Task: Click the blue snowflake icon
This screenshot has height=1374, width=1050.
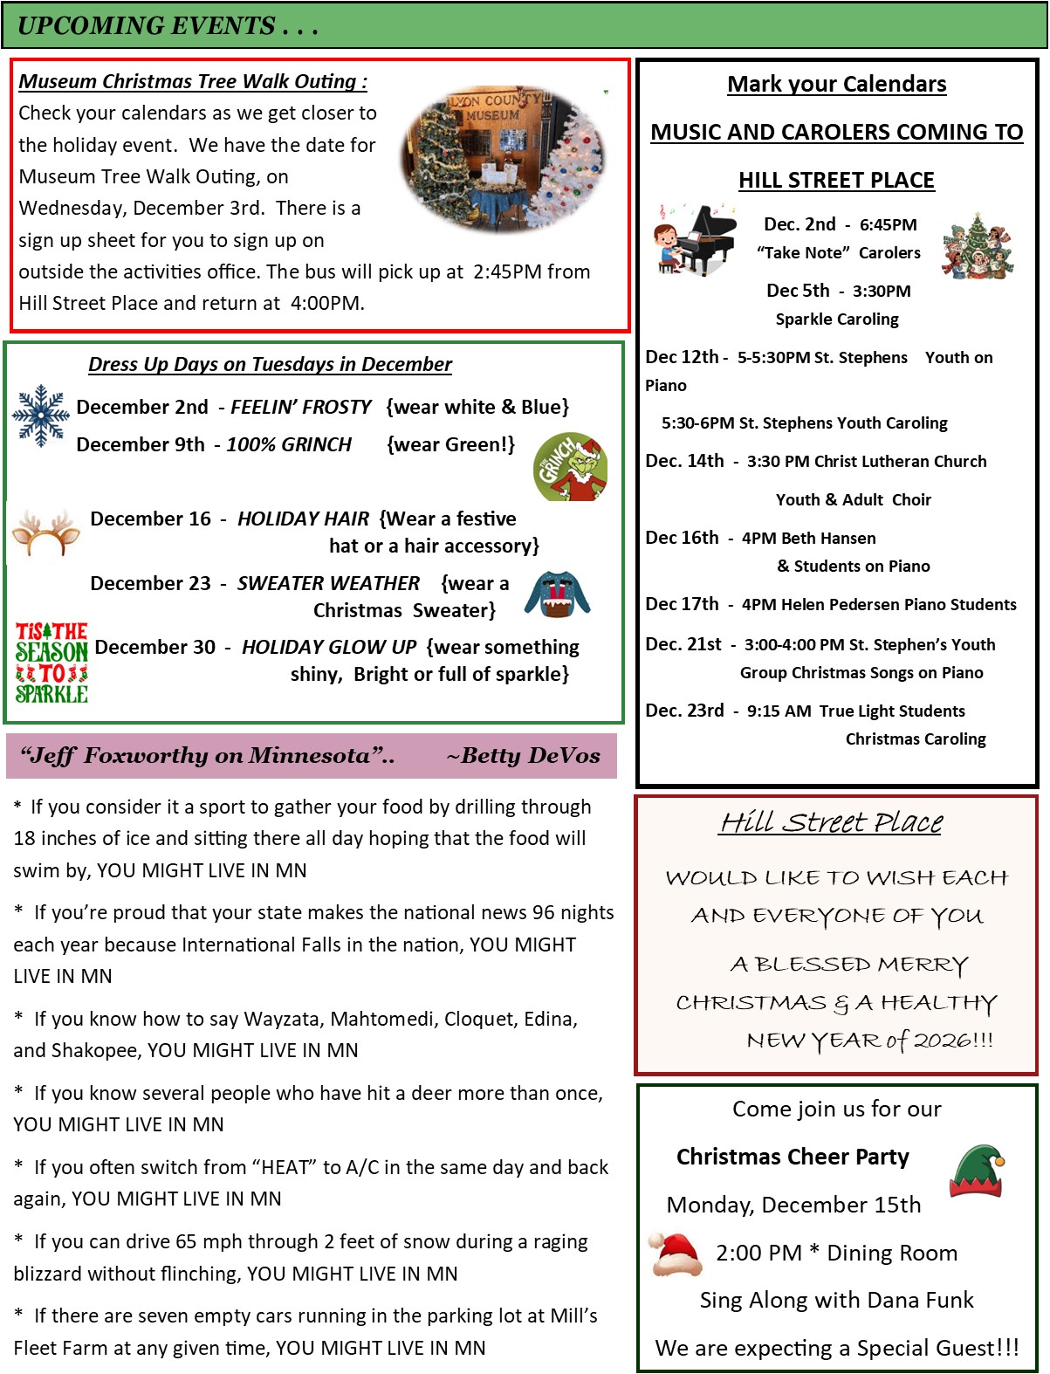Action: coord(40,416)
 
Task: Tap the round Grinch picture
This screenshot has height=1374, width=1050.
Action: coord(571,467)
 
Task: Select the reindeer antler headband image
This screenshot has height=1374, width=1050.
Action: coord(46,532)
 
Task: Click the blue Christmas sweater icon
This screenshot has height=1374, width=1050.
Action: coord(557,594)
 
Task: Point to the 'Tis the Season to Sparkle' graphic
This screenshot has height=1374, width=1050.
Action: coord(51,663)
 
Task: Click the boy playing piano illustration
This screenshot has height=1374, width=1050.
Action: coord(695,241)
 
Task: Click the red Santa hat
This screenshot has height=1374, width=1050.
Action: coord(677,1255)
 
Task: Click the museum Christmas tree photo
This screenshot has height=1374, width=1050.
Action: coord(504,158)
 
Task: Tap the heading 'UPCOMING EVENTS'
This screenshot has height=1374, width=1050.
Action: coord(147,26)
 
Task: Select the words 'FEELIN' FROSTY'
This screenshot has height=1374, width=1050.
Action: coord(301,407)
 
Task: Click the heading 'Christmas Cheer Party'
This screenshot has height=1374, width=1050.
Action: coord(793,1157)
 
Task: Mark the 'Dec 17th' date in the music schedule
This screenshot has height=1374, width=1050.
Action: coord(682,604)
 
